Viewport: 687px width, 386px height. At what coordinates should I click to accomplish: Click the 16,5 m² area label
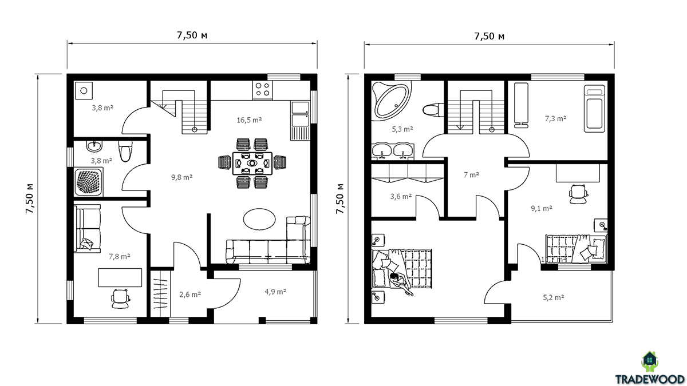pos(249,120)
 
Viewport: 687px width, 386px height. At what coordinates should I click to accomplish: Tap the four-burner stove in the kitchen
pos(262,90)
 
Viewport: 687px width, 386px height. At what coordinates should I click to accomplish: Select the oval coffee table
pos(259,219)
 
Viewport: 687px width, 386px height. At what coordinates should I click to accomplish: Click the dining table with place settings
pos(252,164)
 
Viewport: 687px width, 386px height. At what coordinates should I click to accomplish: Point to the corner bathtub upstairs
pos(392,100)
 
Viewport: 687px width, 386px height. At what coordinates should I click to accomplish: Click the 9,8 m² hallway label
pos(182,177)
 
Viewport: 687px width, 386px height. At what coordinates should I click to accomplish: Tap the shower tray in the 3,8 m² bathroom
pos(88,182)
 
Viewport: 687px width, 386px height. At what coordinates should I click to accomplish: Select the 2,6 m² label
pos(190,295)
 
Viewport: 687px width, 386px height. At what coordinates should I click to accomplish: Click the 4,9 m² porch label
pos(275,291)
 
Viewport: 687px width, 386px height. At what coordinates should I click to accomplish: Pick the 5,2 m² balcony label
pos(554,297)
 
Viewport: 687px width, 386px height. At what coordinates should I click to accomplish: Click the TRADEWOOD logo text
pos(650,379)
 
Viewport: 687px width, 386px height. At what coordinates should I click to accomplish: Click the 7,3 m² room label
pos(555,118)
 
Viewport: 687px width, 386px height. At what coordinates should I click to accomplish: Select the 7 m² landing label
pos(471,174)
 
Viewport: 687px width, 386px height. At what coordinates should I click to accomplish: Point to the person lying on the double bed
pos(401,284)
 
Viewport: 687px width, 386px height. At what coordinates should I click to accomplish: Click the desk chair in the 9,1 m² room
pos(578,194)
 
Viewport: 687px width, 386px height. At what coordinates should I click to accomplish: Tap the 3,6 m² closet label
pos(401,196)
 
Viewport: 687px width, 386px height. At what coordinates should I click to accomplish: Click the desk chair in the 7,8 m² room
pos(121,299)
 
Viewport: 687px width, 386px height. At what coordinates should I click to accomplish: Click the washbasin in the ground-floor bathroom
pos(94,146)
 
